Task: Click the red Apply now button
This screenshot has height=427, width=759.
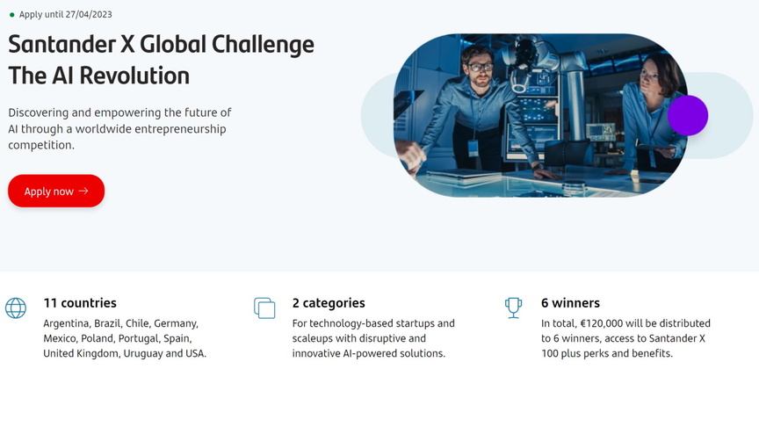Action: coord(56,191)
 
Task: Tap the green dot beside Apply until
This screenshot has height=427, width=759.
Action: coord(11,15)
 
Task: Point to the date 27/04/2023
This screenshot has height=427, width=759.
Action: coord(88,15)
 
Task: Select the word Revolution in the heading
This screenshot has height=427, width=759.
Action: coord(134,76)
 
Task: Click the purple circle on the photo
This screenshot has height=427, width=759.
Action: coord(688,115)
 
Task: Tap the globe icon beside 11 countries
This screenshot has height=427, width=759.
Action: coord(16,308)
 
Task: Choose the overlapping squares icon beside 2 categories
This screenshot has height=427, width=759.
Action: coord(264,308)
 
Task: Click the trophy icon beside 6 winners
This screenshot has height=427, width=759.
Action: coord(513,308)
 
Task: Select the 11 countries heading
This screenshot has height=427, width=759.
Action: coord(80,303)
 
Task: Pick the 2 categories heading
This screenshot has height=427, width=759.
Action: coord(329,303)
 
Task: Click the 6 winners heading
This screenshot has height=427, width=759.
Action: coord(570,303)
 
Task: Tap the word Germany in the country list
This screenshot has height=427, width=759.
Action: coord(176,323)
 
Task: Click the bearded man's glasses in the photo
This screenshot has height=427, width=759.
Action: coord(481,67)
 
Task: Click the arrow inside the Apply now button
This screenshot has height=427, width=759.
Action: coord(83,191)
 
